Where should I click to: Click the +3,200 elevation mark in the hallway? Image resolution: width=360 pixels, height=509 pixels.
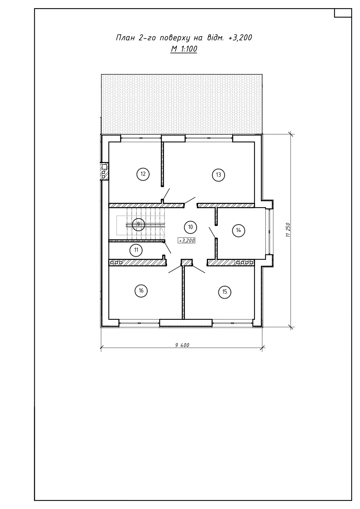[187, 240]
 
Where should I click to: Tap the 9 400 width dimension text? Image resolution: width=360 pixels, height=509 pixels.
[182, 345]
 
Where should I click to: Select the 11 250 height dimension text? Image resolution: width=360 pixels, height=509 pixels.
[288, 230]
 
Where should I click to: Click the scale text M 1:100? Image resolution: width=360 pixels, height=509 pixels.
[184, 49]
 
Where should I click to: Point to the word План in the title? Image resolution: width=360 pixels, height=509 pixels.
[125, 38]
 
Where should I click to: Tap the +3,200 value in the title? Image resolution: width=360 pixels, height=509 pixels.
[240, 38]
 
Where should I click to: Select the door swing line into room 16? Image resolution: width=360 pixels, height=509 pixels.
[175, 269]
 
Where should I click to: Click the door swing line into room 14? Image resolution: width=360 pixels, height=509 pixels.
[213, 232]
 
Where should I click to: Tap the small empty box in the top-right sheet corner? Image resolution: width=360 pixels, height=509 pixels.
[343, 13]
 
